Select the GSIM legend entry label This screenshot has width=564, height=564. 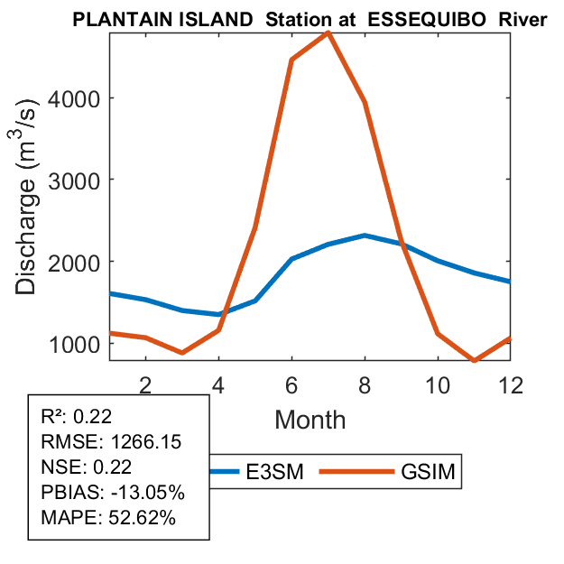coord(426,471)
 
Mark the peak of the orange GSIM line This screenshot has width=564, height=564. coord(328,32)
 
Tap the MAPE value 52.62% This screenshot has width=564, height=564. coord(142,518)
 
